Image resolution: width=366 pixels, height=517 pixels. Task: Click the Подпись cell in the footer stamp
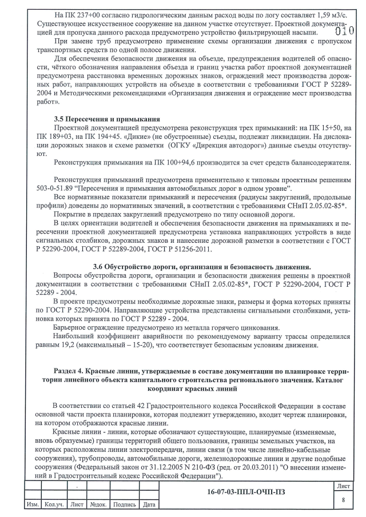(124, 506)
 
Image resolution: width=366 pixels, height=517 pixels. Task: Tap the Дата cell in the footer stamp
(149, 506)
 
